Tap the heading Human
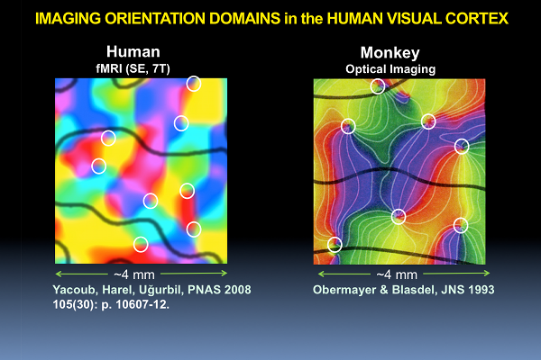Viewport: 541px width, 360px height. (x=133, y=51)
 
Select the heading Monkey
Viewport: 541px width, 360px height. (x=390, y=53)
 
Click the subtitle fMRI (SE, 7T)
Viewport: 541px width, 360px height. (x=133, y=68)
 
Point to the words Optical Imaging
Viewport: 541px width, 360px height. (x=390, y=69)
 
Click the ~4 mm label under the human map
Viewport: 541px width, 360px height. (x=134, y=274)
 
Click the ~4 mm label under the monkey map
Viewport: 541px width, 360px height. (x=397, y=274)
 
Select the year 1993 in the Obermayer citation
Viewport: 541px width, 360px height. (x=481, y=290)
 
